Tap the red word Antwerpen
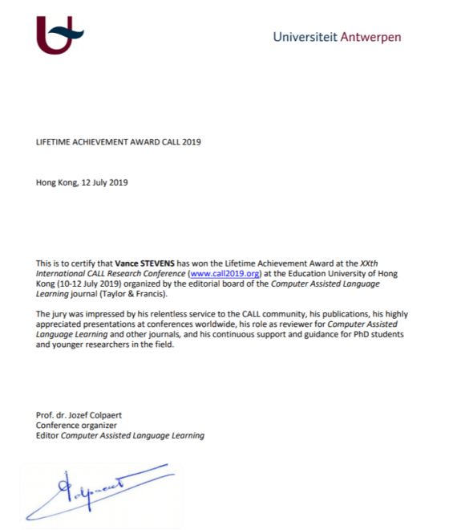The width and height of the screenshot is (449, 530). coord(370,37)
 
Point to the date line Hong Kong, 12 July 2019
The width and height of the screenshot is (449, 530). coord(82,182)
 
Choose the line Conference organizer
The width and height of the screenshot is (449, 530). coord(76,425)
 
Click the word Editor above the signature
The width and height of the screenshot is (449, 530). coord(48,435)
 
